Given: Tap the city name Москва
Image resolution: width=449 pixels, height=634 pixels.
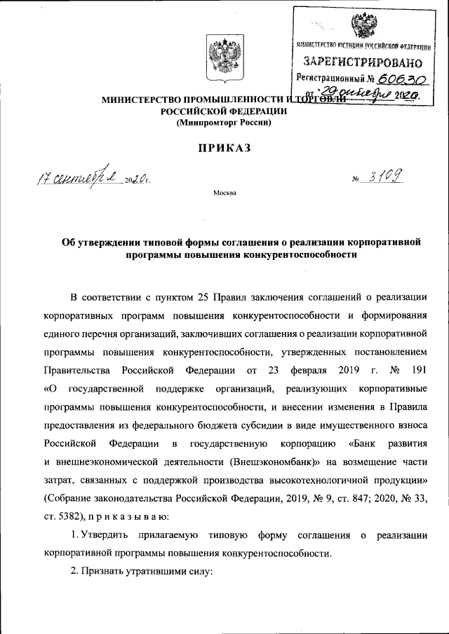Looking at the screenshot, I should (224, 192).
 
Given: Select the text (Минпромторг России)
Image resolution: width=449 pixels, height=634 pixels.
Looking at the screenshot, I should (224, 123).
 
